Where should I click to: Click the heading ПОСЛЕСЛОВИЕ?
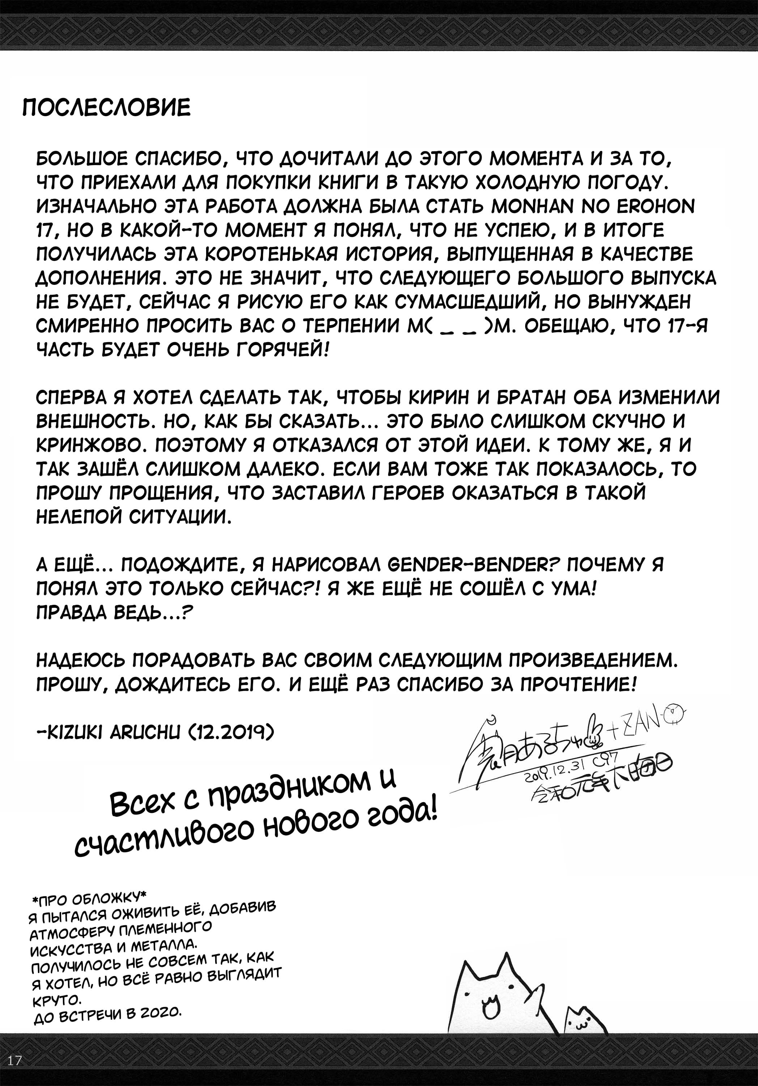(106, 108)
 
